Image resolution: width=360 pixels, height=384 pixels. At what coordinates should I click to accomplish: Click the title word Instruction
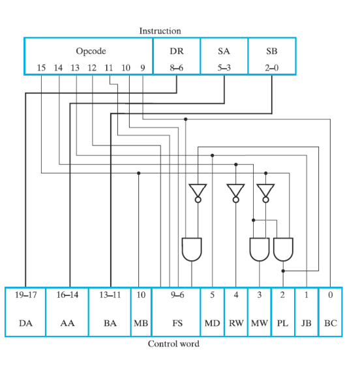pos(160,31)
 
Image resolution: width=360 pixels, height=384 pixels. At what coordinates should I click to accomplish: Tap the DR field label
pos(176,51)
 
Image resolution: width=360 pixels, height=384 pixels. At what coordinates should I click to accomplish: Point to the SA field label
pos(224,51)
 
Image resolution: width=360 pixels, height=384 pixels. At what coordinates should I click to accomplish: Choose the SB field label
pos(271,51)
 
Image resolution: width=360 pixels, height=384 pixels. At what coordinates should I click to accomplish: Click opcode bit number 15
pos(41,67)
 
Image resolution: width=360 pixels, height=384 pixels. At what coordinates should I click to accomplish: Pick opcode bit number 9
pos(142,67)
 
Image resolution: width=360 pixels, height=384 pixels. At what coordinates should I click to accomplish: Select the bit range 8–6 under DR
pos(176,67)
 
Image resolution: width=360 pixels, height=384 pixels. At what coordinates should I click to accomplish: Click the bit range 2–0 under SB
pos(271,67)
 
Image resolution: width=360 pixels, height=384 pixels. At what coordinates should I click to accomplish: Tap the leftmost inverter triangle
pos(197,191)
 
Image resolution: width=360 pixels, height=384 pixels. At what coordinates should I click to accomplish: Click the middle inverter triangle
pos(235,191)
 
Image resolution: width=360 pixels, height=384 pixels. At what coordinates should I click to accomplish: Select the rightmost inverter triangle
pos(265,191)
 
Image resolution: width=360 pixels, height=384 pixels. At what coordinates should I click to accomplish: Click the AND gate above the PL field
pos(283,249)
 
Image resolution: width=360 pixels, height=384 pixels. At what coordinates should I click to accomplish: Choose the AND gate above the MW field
pos(260,249)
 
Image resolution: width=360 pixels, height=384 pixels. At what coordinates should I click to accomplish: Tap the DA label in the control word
pos(25,323)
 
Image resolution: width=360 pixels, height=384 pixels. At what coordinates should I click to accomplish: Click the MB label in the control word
pos(141,323)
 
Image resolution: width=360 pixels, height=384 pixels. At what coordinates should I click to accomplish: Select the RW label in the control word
pos(235,323)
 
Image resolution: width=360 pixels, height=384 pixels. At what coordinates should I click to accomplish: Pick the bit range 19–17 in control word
pos(25,295)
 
